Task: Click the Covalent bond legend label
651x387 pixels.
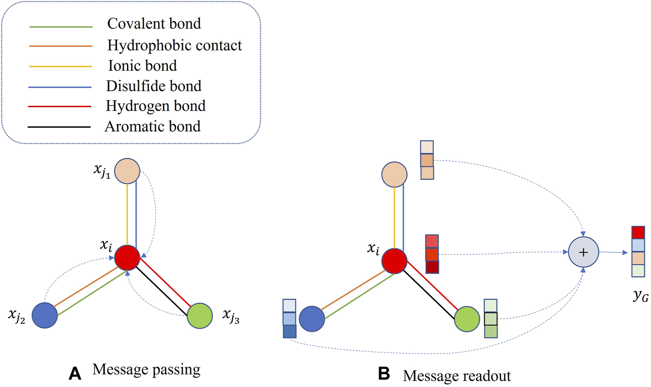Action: click(x=154, y=23)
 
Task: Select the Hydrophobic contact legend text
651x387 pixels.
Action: click(x=174, y=45)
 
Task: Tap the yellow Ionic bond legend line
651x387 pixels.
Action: click(x=60, y=66)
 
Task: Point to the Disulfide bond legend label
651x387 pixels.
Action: click(x=153, y=86)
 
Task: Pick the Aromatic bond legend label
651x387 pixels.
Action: click(x=152, y=126)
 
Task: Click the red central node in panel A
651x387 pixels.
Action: click(x=127, y=258)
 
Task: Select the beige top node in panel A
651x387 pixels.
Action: click(x=127, y=171)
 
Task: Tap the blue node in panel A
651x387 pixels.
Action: click(x=45, y=315)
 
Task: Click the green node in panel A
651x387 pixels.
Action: click(x=200, y=315)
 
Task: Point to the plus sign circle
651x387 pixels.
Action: click(x=583, y=252)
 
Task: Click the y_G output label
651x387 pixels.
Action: click(x=640, y=296)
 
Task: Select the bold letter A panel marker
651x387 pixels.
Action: click(x=75, y=373)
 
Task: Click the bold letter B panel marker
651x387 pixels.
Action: click(x=383, y=373)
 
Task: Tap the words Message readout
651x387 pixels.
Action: click(x=456, y=376)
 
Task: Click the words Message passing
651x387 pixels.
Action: click(x=146, y=370)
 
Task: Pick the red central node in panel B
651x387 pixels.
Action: click(x=394, y=261)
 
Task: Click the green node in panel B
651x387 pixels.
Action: click(x=467, y=319)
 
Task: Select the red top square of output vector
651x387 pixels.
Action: click(x=638, y=233)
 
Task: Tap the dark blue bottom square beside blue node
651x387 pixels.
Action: click(x=289, y=331)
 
